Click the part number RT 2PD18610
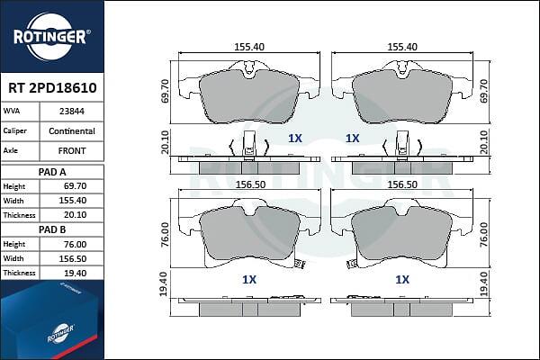[52, 88]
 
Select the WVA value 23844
[72, 112]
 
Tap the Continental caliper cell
[72, 130]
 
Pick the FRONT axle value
[72, 151]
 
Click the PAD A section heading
[52, 172]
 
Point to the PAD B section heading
[52, 229]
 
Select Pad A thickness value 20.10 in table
[76, 215]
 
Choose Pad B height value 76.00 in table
[76, 244]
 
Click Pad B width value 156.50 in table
[73, 258]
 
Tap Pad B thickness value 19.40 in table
[76, 274]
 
